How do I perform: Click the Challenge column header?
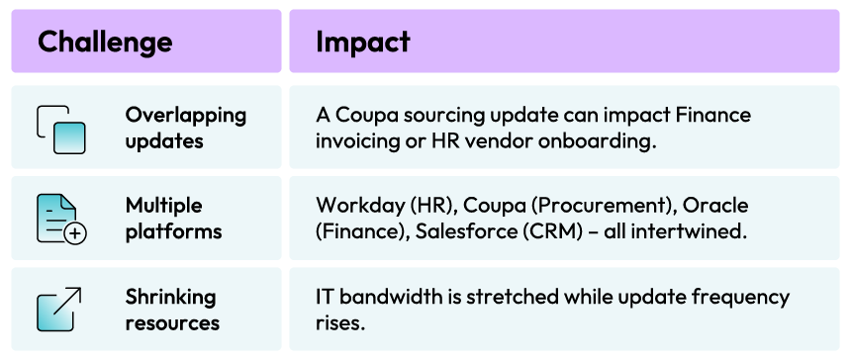point(105,42)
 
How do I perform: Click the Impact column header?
point(362,42)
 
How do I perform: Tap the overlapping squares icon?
point(61,129)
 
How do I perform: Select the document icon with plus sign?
point(61,219)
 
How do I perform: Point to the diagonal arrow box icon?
point(59,309)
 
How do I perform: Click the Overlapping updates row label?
point(186,128)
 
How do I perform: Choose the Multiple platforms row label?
point(174,219)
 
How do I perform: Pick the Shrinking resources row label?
point(172,310)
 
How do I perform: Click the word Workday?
point(359,206)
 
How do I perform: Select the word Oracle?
point(715,206)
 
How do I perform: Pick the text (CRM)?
point(551,231)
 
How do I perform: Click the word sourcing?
point(451,116)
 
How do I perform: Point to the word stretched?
point(513,297)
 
